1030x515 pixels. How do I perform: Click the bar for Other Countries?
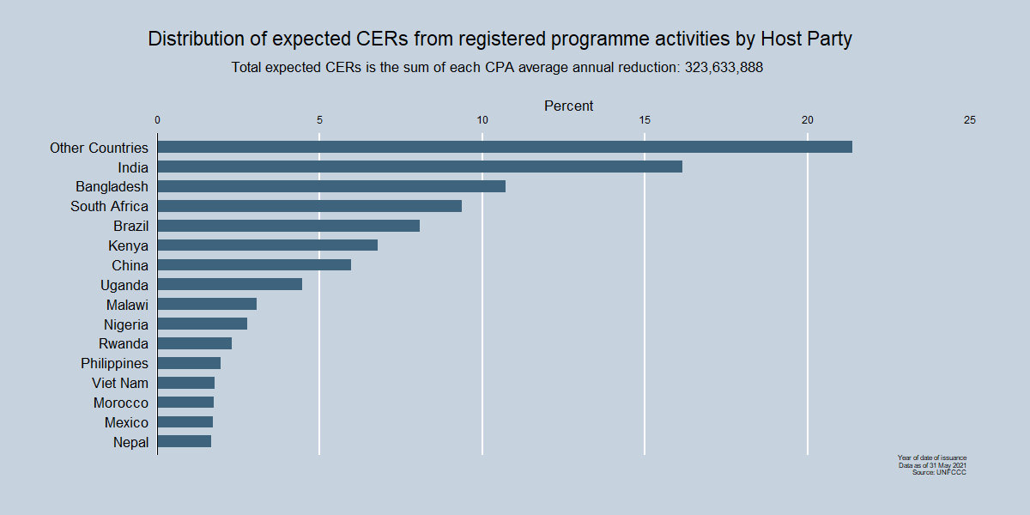click(x=505, y=147)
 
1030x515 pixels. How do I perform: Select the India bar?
click(x=420, y=167)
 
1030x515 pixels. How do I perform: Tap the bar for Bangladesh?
click(x=331, y=186)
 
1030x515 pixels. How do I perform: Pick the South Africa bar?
click(x=310, y=206)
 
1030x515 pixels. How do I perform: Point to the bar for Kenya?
click(x=268, y=245)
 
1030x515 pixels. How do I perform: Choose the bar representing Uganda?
click(x=230, y=284)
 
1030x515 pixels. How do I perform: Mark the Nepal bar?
click(x=185, y=441)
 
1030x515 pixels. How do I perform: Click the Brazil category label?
click(x=130, y=226)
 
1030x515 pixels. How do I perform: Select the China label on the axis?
click(x=130, y=265)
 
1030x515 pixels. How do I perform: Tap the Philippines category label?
click(x=114, y=363)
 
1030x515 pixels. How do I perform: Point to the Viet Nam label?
click(x=120, y=383)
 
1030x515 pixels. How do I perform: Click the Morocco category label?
click(x=121, y=403)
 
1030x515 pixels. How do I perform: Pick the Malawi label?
click(x=127, y=305)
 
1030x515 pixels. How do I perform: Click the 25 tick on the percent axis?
click(x=970, y=120)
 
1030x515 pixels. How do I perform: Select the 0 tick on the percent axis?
click(x=157, y=120)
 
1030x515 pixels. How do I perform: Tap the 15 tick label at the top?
click(x=645, y=120)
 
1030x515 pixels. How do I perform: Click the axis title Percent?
click(x=568, y=106)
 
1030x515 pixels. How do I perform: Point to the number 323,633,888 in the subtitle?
click(x=723, y=68)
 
